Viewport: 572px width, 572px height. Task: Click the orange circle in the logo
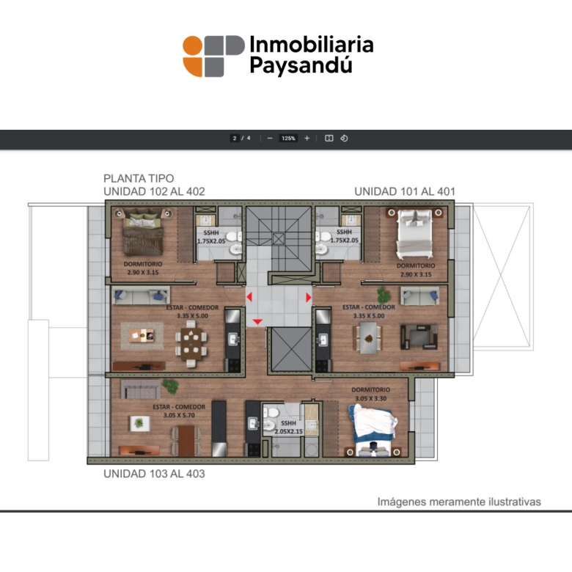point(193,45)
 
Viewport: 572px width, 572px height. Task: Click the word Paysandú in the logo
point(301,65)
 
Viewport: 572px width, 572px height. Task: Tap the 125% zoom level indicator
point(288,139)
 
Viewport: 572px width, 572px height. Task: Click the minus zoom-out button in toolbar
point(270,139)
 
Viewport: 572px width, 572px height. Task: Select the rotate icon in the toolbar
point(344,139)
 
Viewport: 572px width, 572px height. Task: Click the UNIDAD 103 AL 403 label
point(154,474)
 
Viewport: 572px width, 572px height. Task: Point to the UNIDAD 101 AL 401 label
point(405,191)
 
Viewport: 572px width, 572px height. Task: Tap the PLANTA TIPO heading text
point(139,178)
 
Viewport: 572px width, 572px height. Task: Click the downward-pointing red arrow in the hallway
point(257,321)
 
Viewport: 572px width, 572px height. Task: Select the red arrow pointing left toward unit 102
point(249,297)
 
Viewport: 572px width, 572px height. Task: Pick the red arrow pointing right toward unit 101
point(308,297)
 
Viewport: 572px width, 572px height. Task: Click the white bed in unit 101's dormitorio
point(415,233)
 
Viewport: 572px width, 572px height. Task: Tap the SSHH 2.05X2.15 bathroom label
point(288,428)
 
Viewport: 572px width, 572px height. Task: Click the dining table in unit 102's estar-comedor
point(191,343)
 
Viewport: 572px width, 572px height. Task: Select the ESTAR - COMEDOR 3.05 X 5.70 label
point(179,411)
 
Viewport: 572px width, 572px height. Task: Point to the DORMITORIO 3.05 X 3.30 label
point(370,394)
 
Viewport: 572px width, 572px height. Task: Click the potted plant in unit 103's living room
point(170,386)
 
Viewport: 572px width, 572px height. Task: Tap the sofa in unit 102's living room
point(141,296)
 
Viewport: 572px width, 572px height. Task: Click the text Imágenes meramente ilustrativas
point(459,502)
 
